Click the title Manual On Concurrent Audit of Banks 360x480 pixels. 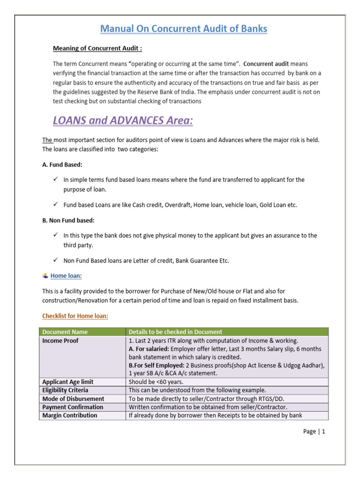pyautogui.click(x=184, y=29)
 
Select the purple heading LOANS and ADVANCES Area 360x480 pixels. pyautogui.click(x=123, y=120)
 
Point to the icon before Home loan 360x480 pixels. pyautogui.click(x=45, y=276)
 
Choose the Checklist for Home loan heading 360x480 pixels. pyautogui.click(x=75, y=316)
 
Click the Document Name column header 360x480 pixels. pyautogui.click(x=65, y=332)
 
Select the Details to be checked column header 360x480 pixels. pyautogui.click(x=175, y=332)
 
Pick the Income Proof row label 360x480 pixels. pyautogui.click(x=60, y=341)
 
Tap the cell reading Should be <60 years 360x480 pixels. pyautogui.click(x=156, y=382)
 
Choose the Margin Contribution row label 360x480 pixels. pyautogui.click(x=70, y=415)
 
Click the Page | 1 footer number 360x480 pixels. pyautogui.click(x=314, y=432)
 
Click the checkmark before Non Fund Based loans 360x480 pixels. pyautogui.click(x=55, y=260)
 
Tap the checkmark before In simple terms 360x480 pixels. pyautogui.click(x=55, y=180)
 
